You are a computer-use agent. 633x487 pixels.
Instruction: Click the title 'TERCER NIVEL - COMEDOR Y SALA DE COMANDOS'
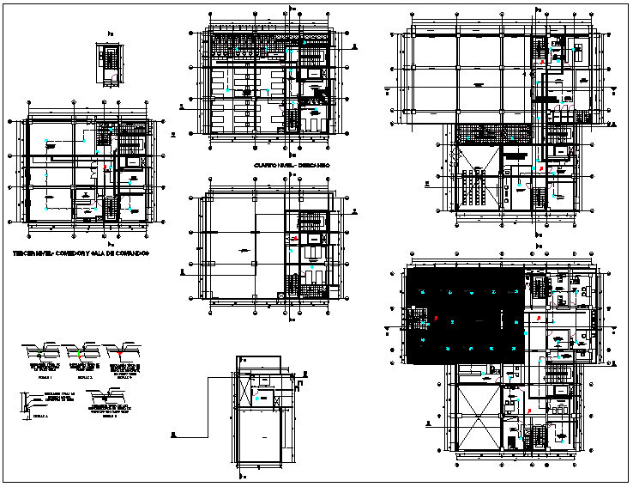(x=81, y=254)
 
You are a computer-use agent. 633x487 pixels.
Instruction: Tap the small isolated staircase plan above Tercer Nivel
(x=109, y=65)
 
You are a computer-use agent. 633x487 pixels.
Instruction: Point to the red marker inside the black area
(x=437, y=318)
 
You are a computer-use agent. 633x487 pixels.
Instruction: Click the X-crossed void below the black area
(x=479, y=415)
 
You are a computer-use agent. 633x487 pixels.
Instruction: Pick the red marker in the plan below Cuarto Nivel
(x=295, y=239)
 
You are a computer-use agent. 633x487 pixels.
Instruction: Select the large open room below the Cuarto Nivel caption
(x=244, y=249)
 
